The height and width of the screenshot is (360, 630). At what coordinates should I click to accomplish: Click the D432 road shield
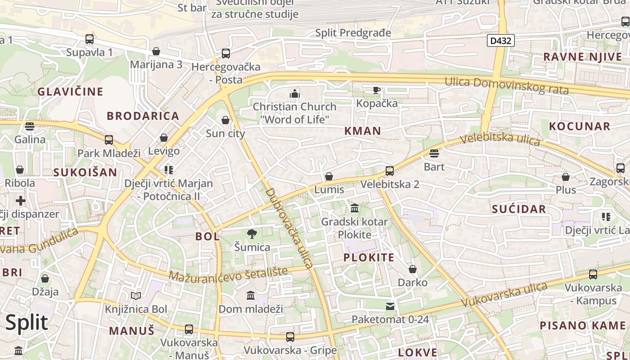(500, 41)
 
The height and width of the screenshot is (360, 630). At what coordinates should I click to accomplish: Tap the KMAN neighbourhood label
(362, 131)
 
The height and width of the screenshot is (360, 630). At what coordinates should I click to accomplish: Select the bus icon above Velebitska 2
(390, 171)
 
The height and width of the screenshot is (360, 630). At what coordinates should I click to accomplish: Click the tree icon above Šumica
(252, 234)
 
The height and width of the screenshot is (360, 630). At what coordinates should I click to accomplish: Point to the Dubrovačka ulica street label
(289, 228)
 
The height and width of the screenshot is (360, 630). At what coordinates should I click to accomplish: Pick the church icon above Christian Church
(295, 94)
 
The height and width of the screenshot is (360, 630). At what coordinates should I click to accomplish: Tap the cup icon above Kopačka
(377, 90)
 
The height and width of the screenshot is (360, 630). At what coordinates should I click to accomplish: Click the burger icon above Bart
(434, 153)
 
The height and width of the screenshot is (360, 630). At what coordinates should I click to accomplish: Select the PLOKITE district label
(369, 257)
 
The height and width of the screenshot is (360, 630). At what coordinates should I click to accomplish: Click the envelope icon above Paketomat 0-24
(390, 306)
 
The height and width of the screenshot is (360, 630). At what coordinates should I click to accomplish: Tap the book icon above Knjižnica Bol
(136, 296)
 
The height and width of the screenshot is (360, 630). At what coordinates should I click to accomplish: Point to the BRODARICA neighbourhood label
(143, 116)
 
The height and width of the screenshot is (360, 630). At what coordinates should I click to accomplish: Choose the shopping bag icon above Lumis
(329, 176)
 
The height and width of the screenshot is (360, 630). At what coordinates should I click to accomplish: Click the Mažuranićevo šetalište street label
(228, 274)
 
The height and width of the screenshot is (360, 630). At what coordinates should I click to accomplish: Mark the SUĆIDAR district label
(519, 209)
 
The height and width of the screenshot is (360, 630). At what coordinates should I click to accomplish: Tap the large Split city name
(27, 322)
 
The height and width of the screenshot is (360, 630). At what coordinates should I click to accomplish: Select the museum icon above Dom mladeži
(251, 296)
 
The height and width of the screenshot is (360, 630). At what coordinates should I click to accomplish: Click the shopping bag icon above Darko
(413, 269)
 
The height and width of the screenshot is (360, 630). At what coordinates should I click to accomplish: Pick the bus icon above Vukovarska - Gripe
(290, 337)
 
